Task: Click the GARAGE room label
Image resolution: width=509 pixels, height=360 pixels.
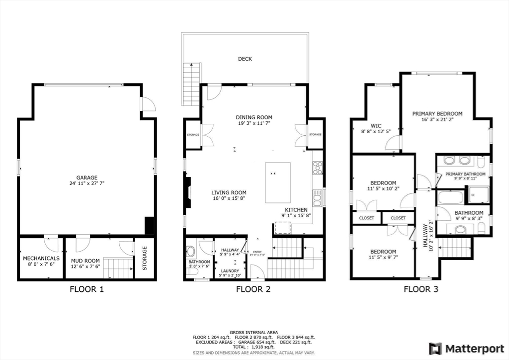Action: pos(86,178)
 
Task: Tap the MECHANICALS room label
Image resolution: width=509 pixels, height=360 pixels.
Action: pos(41,259)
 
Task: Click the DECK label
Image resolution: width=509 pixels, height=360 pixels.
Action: pos(245,59)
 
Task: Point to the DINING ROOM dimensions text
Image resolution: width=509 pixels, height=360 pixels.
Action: pos(254,124)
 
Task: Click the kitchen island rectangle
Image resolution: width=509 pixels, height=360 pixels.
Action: pos(278,182)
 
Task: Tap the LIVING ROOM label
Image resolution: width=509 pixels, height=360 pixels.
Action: pos(229,193)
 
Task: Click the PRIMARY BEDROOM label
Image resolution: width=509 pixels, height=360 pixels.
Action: pos(437,114)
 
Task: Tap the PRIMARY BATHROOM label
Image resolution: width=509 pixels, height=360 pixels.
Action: pos(465,174)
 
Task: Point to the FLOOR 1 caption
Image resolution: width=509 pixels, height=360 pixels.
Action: pos(86,289)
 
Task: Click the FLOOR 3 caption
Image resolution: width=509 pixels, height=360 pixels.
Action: pos(421,289)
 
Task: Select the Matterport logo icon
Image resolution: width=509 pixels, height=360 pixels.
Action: pos(435,348)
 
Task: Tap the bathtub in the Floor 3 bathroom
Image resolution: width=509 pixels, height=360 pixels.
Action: pos(450,197)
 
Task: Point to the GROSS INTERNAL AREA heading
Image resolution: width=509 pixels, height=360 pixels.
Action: pos(254,332)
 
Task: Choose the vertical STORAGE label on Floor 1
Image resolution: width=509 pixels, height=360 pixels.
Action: pos(145,259)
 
